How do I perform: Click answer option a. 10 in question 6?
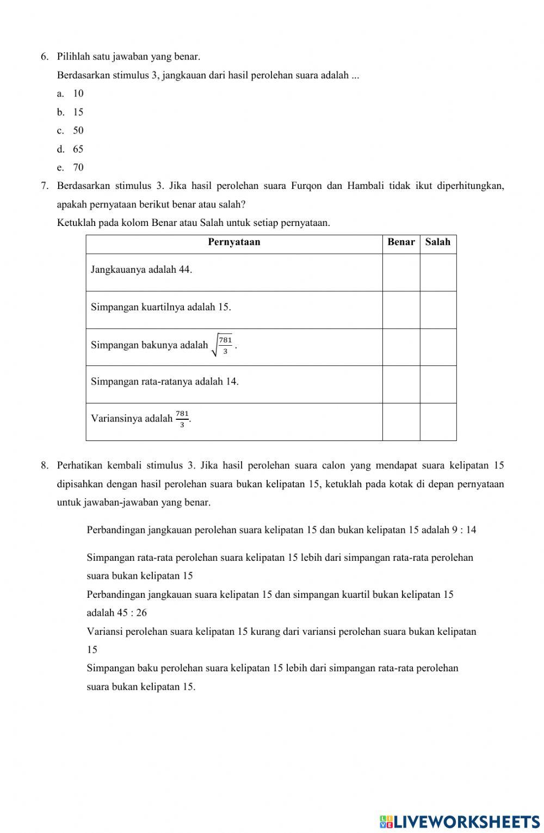71,94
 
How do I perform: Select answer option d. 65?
71,149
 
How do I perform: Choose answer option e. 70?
71,168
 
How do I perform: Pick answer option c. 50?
71,131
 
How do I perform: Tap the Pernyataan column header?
234,242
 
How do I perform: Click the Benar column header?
401,242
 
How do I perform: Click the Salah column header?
438,242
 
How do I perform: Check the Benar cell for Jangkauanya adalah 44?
401,272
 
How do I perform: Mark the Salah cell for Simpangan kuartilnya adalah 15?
438,309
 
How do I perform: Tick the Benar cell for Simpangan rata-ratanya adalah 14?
401,384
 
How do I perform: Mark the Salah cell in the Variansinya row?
438,421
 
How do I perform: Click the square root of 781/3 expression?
224,345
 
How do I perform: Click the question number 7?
45,186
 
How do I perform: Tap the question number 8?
45,465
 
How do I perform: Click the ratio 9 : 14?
464,530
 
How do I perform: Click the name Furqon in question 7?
306,186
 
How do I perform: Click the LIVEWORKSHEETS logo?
460,821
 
